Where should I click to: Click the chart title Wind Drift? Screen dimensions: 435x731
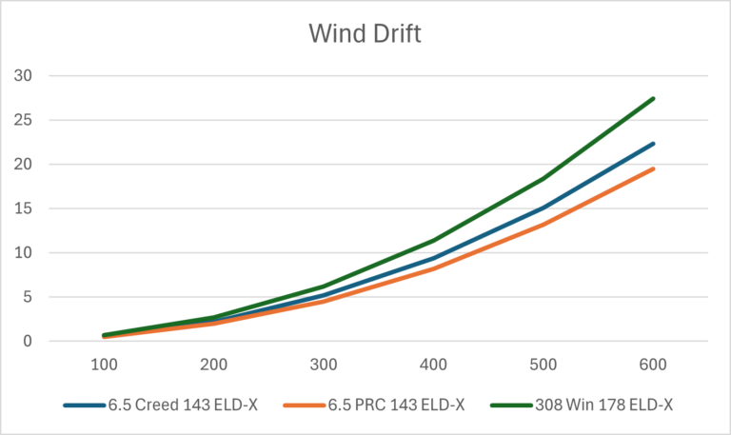tap(365, 33)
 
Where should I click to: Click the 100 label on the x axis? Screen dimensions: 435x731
tap(104, 365)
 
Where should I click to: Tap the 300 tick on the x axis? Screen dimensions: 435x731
tap(324, 365)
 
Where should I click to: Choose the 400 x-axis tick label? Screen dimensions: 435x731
tap(434, 365)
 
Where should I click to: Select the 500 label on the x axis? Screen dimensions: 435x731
tap(543, 365)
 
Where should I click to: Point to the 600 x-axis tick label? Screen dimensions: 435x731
tap(654, 365)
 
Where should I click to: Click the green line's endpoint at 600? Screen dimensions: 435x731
tap(654, 98)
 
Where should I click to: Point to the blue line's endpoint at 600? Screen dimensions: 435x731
tap(654, 144)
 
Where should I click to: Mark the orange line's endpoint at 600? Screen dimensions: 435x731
tap(654, 168)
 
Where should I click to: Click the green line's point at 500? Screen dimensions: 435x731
tap(543, 178)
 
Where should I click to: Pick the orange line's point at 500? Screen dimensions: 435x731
tap(543, 225)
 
